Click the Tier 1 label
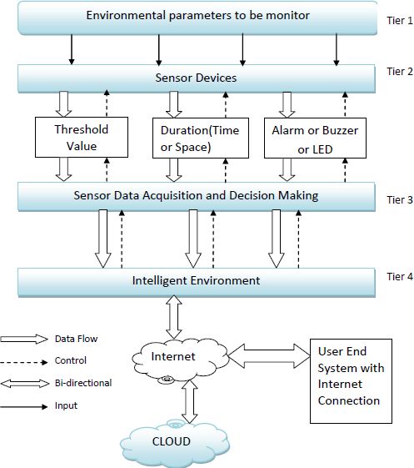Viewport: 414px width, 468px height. (x=400, y=21)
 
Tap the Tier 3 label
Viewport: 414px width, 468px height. (x=400, y=199)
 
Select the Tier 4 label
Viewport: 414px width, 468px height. (x=400, y=277)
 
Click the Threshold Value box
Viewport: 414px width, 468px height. (x=82, y=138)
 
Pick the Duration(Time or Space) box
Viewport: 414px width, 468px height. (x=201, y=138)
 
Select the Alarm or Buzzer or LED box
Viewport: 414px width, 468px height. (x=315, y=138)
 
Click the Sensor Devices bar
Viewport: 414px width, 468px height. (x=197, y=78)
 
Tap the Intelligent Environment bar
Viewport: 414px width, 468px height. (x=197, y=282)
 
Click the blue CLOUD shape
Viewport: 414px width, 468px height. (x=175, y=443)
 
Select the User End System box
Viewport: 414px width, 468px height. (x=351, y=381)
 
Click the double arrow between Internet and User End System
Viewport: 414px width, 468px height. (x=269, y=355)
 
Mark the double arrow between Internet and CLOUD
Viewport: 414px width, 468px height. (x=190, y=401)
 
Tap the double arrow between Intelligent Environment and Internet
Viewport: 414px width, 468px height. (x=174, y=317)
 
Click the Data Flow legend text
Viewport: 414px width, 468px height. (x=77, y=339)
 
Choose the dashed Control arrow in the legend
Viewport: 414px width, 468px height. (x=24, y=362)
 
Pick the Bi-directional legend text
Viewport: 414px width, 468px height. (x=83, y=383)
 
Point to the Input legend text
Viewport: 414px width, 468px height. (x=66, y=405)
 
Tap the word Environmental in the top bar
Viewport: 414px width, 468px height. (x=126, y=15)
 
